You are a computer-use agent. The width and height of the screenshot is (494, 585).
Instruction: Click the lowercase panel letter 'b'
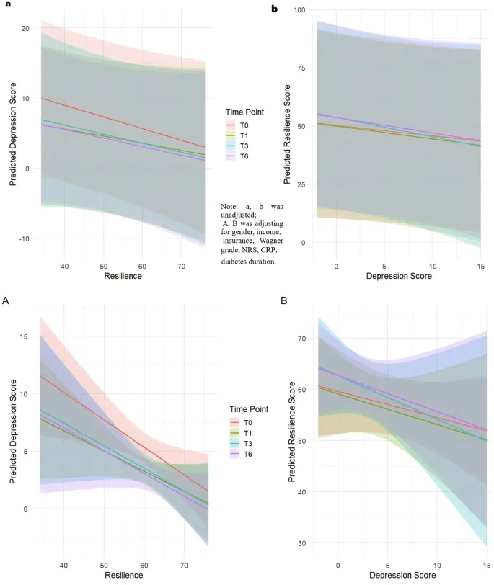(x=274, y=9)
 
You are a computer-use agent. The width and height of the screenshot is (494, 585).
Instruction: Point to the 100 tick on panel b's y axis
(x=297, y=9)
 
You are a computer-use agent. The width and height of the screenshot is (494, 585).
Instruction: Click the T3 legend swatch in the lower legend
(x=234, y=442)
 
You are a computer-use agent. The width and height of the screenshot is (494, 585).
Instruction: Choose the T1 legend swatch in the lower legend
(x=234, y=432)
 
